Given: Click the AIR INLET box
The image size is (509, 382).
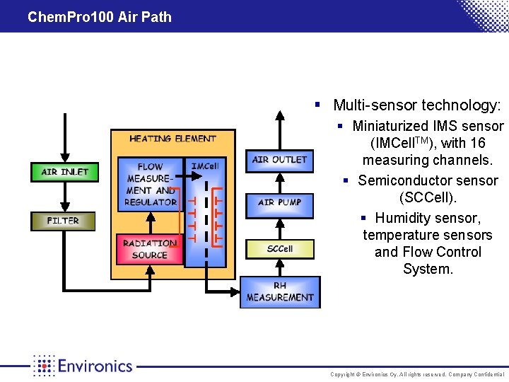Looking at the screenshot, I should tap(64, 172).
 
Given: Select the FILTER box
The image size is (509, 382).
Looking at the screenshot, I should tap(63, 221).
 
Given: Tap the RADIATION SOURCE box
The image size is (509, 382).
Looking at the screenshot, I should tap(149, 250).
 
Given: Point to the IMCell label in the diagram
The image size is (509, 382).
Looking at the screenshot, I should tap(205, 166).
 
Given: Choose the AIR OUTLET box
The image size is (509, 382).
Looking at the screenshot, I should tap(279, 160).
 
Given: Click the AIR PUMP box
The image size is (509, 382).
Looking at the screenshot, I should tap(280, 202).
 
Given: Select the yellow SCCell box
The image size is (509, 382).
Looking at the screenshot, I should tap(280, 249).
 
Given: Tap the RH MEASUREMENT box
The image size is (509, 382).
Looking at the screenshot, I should tap(280, 292).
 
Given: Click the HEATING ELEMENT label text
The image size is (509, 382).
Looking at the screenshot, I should tap(172, 139).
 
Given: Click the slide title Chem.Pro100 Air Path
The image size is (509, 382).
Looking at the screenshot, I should tap(100, 17).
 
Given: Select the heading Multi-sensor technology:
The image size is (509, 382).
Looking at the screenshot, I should tap(417, 105).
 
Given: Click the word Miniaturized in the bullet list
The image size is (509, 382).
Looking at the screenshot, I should tap(391, 127).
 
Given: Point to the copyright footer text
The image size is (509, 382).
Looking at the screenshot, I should tap(418, 374).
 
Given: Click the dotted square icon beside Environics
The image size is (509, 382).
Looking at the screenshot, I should tap(44, 366).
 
